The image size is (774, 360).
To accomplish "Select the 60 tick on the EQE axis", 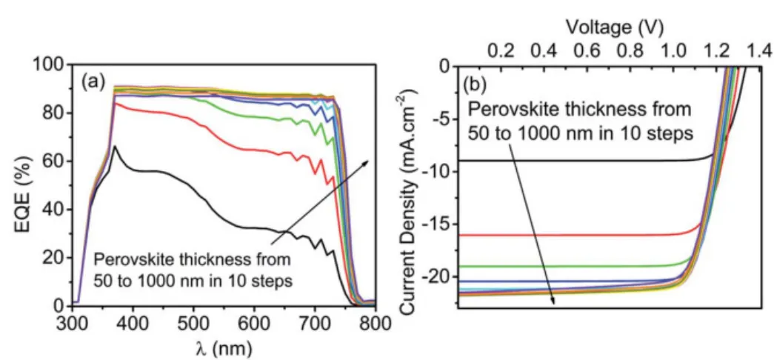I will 57,161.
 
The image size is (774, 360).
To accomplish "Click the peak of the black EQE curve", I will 115,147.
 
